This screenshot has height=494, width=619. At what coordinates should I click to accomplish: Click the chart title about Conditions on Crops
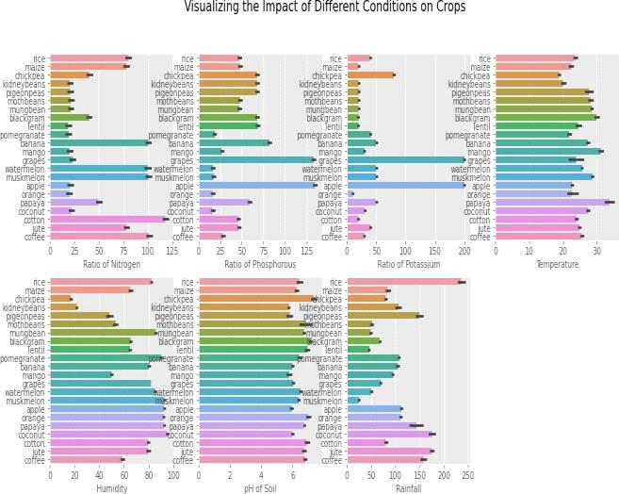324,8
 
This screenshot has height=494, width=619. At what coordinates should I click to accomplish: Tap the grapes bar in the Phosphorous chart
254,159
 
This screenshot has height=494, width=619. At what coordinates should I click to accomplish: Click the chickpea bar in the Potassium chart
370,75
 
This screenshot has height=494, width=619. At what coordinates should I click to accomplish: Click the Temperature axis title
558,265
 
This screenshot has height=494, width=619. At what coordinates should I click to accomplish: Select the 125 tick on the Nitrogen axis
171,251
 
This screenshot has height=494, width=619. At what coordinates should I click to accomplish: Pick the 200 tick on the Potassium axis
464,251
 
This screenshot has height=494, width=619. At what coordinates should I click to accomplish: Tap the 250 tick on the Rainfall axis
467,475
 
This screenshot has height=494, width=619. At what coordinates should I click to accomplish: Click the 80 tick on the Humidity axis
148,475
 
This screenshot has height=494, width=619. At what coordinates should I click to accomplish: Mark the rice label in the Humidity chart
37,282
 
